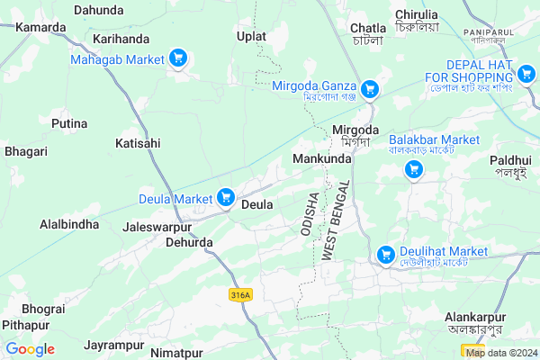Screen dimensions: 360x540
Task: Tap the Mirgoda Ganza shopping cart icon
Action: (x=370, y=89)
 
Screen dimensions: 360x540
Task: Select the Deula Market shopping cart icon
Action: (x=225, y=196)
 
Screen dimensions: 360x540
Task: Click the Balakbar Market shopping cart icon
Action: (x=414, y=169)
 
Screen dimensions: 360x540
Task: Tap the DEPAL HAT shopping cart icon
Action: (x=526, y=72)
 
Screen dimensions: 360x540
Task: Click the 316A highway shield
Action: (x=239, y=294)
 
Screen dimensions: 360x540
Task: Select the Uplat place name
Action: (x=252, y=36)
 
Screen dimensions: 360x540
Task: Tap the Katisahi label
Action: (x=138, y=143)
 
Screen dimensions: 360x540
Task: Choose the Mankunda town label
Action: (x=321, y=159)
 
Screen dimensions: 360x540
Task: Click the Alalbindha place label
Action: (x=69, y=223)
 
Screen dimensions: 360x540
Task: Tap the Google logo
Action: (x=30, y=349)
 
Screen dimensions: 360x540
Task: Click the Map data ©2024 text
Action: (x=500, y=352)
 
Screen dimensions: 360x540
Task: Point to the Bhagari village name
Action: (x=26, y=151)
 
